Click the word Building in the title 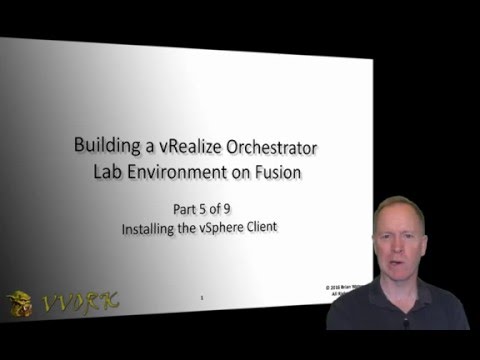coord(106,146)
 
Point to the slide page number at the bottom coord(203,298)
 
